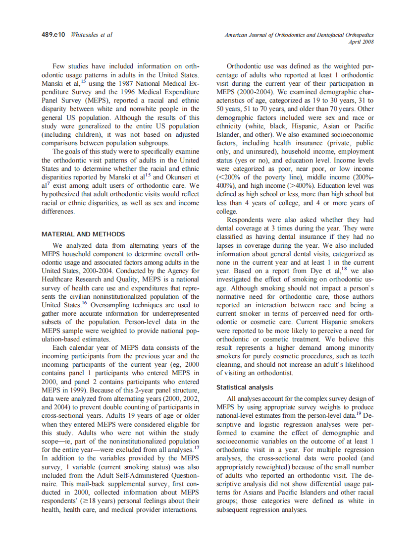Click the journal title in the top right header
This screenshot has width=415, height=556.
pyautogui.click(x=299, y=35)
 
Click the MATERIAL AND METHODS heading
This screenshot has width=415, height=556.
pyautogui.click(x=83, y=234)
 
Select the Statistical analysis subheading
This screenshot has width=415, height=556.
pyautogui.click(x=245, y=387)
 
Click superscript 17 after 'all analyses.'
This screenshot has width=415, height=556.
pyautogui.click(x=196, y=447)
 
